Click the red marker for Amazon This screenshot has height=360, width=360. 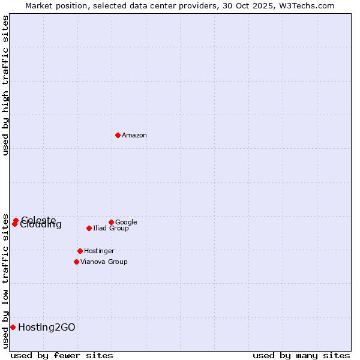coord(118,135)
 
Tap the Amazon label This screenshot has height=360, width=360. coord(134,136)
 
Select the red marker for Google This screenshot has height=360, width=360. coord(111,222)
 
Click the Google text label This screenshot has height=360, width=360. coord(126,223)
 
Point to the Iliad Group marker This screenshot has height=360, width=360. coord(89,228)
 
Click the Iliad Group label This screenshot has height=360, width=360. coord(111,229)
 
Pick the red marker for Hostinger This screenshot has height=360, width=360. coord(80,251)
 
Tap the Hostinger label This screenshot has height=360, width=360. coord(99,251)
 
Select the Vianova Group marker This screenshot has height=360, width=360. coord(76,262)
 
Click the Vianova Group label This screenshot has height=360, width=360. coord(104,262)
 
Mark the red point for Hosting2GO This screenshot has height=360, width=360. coord(13,327)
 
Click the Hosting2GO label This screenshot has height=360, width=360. coord(47,328)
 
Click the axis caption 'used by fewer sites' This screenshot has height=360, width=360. coord(62,356)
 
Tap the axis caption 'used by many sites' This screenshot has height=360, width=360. coord(301,356)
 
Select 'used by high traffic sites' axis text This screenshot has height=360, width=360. coord(5,85)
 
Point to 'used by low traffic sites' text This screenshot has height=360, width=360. coord(5,273)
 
